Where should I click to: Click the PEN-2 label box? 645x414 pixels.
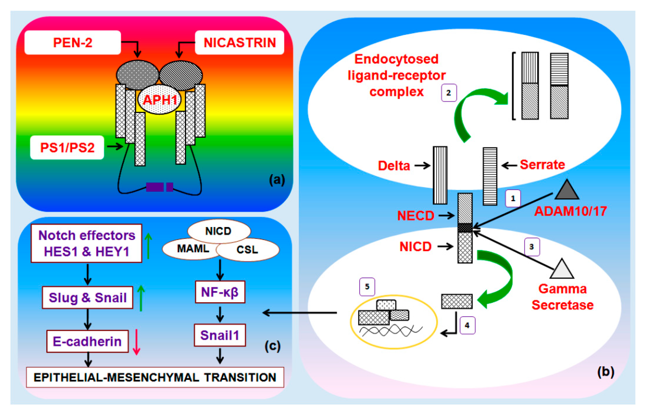pyautogui.click(x=73, y=42)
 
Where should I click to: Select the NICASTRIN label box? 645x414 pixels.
pyautogui.click(x=239, y=42)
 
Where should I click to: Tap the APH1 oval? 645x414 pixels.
pyautogui.click(x=160, y=99)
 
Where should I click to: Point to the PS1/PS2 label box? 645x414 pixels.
pyautogui.click(x=67, y=147)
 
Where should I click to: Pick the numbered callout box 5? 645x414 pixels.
pyautogui.click(x=367, y=287)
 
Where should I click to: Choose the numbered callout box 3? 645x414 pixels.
pyautogui.click(x=532, y=247)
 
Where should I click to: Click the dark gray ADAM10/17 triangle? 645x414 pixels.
pyautogui.click(x=566, y=189)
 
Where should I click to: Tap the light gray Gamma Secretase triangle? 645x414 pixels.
pyautogui.click(x=562, y=269)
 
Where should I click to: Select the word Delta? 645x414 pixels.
pyautogui.click(x=394, y=166)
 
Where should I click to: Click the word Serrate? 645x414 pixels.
pyautogui.click(x=542, y=164)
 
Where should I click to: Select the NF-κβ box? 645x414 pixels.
pyautogui.click(x=220, y=292)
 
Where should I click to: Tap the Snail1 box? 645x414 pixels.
pyautogui.click(x=220, y=335)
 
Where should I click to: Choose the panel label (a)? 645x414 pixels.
pyautogui.click(x=277, y=180)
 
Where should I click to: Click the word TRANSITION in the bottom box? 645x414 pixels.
pyautogui.click(x=240, y=377)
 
